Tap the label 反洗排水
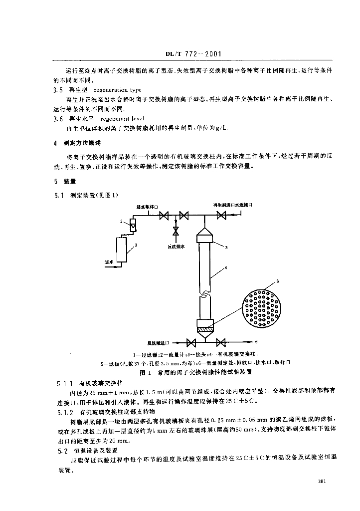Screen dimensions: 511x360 pyautogui.click(x=176, y=246)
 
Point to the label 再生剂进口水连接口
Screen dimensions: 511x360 pyautogui.click(x=233, y=205)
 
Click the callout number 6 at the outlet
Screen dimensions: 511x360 pyautogui.click(x=256, y=342)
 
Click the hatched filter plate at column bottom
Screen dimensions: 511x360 pyautogui.click(x=205, y=329)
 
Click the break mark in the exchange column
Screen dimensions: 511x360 pyautogui.click(x=205, y=294)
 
